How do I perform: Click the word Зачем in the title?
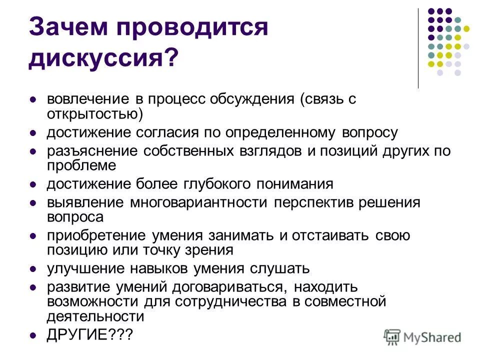click(67, 27)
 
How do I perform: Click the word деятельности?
click(95, 316)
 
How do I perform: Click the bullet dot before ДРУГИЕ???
click(33, 335)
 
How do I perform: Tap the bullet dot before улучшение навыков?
click(33, 269)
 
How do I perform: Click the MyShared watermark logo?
click(422, 336)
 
